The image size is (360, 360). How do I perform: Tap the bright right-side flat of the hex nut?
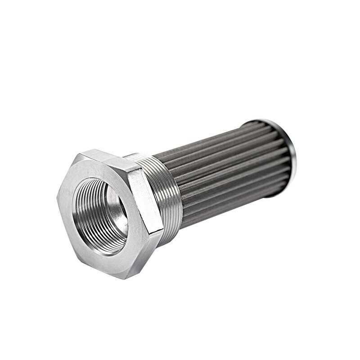coord(144,202)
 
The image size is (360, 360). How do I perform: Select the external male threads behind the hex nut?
coord(166,193)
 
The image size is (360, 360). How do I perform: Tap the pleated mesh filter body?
coord(225,171)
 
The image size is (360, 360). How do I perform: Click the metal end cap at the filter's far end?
coord(288,144)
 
